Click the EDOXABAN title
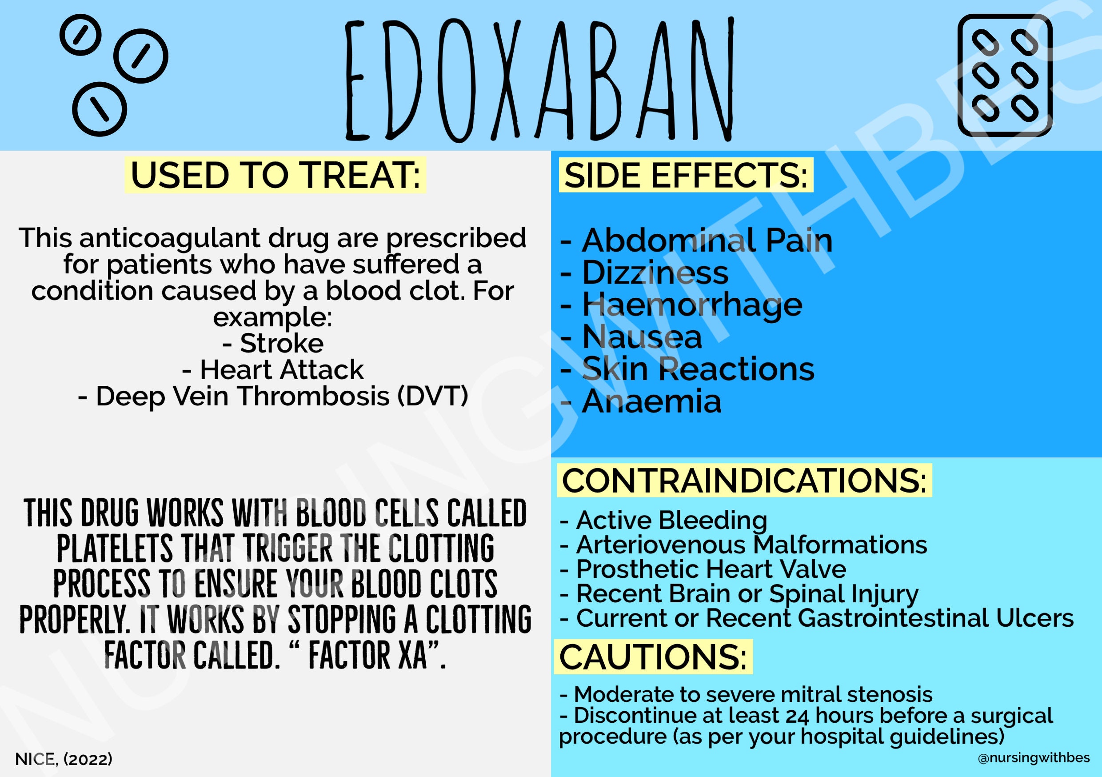pyautogui.click(x=539, y=80)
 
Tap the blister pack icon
pyautogui.click(x=1005, y=76)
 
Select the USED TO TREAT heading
pyautogui.click(x=275, y=175)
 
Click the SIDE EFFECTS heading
pyautogui.click(x=686, y=175)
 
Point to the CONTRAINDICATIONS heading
pyautogui.click(x=744, y=480)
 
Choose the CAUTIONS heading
pyautogui.click(x=653, y=657)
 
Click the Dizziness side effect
pyautogui.click(x=644, y=273)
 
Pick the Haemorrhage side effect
pyautogui.click(x=681, y=305)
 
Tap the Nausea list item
pyautogui.click(x=631, y=336)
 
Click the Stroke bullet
pyautogui.click(x=273, y=343)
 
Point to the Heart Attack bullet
pyautogui.click(x=273, y=369)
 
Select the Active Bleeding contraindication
pyautogui.click(x=663, y=521)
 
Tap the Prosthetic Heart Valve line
pyautogui.click(x=703, y=569)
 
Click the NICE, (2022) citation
pyautogui.click(x=64, y=759)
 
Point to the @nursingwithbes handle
pyautogui.click(x=1034, y=758)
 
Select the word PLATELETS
pyautogui.click(x=115, y=548)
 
